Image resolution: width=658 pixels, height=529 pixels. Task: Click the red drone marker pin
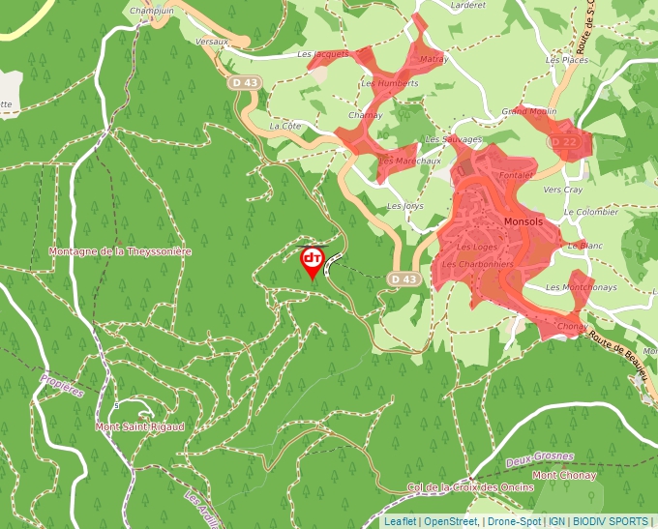tap(312, 261)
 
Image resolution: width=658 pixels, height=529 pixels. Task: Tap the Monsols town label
tap(523, 221)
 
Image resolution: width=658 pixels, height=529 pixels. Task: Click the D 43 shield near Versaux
tap(245, 83)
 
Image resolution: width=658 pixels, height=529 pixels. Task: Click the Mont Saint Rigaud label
tap(139, 426)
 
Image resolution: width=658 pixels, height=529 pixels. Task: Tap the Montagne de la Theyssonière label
tap(120, 251)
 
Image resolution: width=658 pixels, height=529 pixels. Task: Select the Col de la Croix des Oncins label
tap(470, 487)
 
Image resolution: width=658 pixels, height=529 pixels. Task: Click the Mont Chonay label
tap(564, 476)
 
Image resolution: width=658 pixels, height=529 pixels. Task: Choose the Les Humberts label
tap(389, 83)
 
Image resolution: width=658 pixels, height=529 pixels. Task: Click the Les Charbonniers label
tap(477, 264)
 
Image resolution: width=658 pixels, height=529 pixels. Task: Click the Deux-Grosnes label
tap(539, 456)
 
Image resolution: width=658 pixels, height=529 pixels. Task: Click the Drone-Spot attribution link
tap(513, 521)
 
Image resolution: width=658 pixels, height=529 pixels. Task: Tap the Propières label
tap(62, 385)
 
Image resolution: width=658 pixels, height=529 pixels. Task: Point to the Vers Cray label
tap(563, 191)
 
